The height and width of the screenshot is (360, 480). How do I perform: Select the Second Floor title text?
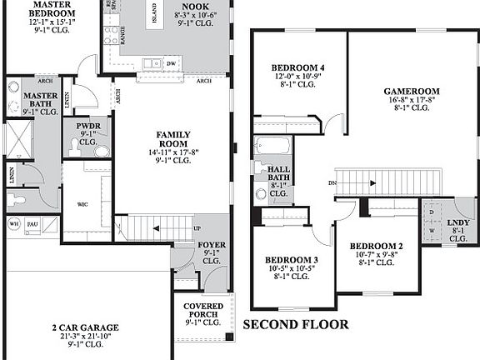296,324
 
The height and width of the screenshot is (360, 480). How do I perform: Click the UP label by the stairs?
197,228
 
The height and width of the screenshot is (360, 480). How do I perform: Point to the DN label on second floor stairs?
333,183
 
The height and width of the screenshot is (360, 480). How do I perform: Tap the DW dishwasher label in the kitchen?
171,63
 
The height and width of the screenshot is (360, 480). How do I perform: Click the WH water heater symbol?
13,223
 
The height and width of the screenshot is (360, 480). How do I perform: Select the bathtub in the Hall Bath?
272,145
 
